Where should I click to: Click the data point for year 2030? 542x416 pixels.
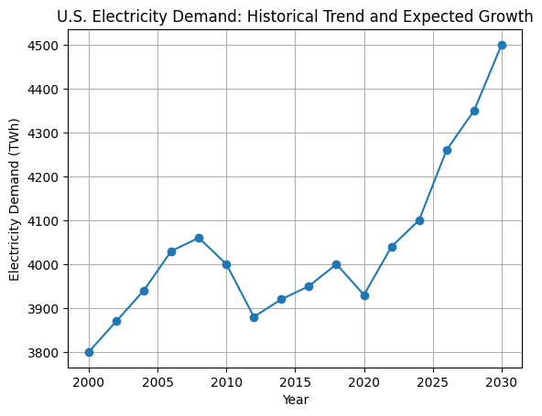pos(502,45)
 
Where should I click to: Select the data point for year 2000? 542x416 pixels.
pos(89,352)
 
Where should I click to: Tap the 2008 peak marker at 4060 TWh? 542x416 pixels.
pos(199,238)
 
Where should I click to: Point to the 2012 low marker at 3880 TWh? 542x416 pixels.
pos(254,317)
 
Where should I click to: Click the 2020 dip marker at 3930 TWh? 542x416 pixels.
pos(364,295)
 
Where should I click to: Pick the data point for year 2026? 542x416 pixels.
pos(447,150)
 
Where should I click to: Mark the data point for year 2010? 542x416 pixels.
pos(226,264)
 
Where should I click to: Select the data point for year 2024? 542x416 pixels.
pos(419,220)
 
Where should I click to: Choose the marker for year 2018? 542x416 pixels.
pos(337,264)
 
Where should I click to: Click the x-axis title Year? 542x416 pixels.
pos(295,400)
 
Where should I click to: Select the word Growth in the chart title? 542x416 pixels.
pos(506,16)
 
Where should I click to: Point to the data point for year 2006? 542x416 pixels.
pos(171,251)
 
